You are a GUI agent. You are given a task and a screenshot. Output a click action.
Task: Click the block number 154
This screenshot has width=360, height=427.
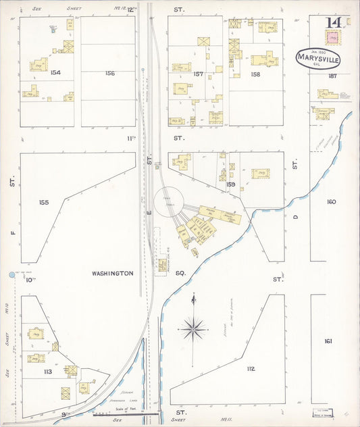pos(55,72)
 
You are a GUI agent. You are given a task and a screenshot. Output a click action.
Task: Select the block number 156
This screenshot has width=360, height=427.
pos(110,72)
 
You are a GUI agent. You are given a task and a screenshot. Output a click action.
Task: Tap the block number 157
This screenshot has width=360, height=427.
pos(198,74)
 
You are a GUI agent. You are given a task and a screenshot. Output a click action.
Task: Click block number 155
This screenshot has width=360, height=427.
pos(45,202)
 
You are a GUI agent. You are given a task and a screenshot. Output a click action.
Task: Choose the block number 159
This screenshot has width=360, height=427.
pos(231,184)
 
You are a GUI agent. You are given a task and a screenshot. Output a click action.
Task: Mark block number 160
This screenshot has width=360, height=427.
pos(331,202)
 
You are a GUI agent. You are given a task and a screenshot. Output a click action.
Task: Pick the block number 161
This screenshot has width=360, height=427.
pos(328,341)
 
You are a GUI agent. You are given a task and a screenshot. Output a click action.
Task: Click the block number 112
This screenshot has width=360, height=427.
pos(251,368)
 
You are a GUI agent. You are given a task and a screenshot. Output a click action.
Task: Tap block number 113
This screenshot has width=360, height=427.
pos(48,371)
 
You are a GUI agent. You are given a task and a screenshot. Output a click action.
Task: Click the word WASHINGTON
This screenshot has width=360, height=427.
pos(112,274)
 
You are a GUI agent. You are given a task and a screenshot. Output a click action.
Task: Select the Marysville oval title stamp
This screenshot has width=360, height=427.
pos(318,59)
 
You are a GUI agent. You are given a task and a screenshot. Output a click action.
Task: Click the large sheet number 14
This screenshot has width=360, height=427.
pos(333,22)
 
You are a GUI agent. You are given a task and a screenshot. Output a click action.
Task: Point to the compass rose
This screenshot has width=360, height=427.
pos(193,328)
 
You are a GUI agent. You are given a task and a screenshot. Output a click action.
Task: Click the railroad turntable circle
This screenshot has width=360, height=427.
pos(168,201)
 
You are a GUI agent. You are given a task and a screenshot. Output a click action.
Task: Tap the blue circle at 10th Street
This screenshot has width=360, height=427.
pos(11,275)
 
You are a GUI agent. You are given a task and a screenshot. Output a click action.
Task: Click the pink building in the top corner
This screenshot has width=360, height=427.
pos(332,39)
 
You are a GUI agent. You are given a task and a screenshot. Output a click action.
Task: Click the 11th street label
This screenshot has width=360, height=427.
pos(132,138)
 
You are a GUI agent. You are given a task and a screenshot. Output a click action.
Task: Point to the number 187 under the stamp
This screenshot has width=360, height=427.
pos(332,76)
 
